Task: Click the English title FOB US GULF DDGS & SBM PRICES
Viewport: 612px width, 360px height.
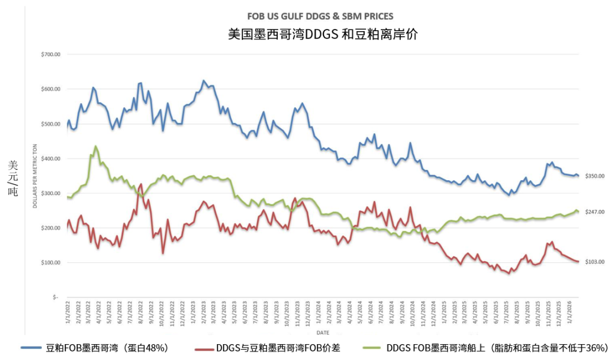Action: tap(320, 16)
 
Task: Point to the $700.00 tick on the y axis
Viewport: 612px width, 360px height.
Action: tap(50, 54)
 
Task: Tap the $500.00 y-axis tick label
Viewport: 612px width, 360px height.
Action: tap(50, 124)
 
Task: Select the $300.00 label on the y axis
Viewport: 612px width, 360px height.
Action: tap(50, 193)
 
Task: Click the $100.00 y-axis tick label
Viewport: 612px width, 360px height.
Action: tap(50, 263)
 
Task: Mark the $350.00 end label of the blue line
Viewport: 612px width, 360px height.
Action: tap(594, 176)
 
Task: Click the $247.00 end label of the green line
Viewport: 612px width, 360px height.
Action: tap(594, 212)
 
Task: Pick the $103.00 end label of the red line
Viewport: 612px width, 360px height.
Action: tap(594, 261)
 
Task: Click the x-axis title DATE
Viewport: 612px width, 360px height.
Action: tap(322, 332)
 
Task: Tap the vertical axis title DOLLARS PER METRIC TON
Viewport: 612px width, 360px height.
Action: tap(35, 176)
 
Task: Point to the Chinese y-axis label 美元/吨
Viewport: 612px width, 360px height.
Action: tap(13, 177)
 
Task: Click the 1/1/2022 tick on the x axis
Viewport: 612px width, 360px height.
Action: tap(67, 314)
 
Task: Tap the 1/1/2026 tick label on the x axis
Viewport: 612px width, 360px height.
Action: tap(570, 314)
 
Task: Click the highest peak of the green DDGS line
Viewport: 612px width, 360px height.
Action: tap(95, 146)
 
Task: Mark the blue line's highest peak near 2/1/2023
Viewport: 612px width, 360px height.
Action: tap(204, 81)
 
